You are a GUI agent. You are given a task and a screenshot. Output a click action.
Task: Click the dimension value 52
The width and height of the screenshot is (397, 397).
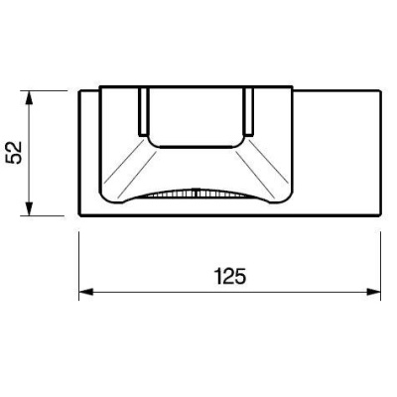[15, 152]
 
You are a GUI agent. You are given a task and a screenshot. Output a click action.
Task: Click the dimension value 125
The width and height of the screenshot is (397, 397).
[230, 276]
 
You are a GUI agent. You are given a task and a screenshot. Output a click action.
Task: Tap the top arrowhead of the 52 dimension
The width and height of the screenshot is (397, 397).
[30, 97]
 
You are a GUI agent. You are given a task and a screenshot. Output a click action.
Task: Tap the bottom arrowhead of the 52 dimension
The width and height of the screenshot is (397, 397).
[30, 208]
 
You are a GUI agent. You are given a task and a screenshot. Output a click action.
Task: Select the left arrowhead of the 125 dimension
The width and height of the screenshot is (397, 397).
[85, 292]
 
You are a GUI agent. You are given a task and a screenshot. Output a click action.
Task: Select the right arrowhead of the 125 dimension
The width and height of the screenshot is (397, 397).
[374, 292]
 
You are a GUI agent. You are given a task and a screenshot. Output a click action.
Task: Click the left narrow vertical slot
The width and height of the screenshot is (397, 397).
[143, 112]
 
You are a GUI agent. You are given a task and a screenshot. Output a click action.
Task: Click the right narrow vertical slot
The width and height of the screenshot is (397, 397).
[249, 112]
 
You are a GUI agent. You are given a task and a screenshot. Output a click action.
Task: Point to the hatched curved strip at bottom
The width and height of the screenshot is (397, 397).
[197, 194]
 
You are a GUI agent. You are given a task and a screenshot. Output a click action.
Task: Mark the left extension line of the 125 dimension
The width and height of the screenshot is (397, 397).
[79, 266]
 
